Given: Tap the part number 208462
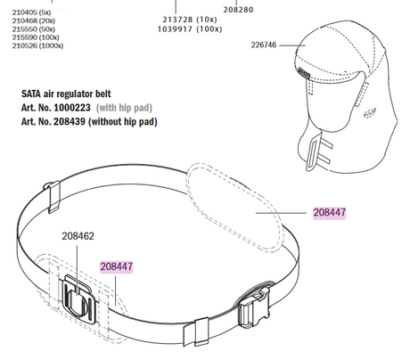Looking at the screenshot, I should pos(78,238).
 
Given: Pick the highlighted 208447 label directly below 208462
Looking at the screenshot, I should pos(116,266).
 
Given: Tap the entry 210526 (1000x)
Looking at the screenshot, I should pos(33,47).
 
